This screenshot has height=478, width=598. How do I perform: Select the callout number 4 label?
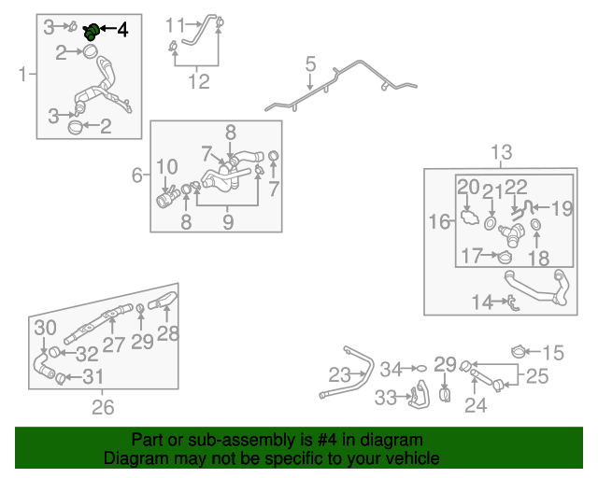tap(122, 29)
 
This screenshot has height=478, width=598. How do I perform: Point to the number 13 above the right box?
tap(502, 151)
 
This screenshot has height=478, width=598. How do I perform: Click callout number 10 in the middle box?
tap(166, 168)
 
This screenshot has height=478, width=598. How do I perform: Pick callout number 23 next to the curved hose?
tap(337, 375)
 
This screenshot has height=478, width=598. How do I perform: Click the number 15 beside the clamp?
tap(554, 353)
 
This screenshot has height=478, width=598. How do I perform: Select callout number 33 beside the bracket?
tap(386, 398)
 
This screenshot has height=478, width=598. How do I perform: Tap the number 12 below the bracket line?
tap(199, 81)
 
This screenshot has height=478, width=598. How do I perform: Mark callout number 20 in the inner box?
tap(468, 187)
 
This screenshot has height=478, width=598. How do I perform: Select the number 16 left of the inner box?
tap(439, 221)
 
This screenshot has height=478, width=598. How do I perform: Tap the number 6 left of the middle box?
tap(136, 175)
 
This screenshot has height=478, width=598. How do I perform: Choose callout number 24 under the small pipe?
tap(476, 405)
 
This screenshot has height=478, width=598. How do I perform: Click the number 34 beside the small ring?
tap(390, 369)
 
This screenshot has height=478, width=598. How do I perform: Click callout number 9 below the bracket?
tap(227, 222)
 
